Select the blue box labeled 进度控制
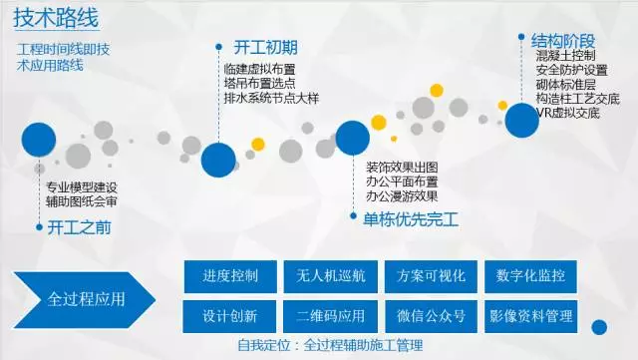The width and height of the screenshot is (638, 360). pyautogui.click(x=230, y=275)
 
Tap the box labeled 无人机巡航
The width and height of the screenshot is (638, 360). pyautogui.click(x=330, y=275)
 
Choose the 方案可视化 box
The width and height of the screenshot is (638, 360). pyautogui.click(x=430, y=275)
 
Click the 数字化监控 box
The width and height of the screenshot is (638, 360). pyautogui.click(x=530, y=275)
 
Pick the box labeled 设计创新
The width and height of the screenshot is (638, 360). pyautogui.click(x=230, y=316)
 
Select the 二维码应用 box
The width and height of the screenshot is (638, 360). pyautogui.click(x=330, y=316)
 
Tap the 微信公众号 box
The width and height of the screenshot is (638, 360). pyautogui.click(x=430, y=316)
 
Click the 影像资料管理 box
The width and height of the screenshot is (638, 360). pyautogui.click(x=530, y=316)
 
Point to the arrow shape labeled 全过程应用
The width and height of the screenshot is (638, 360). pyautogui.click(x=84, y=298)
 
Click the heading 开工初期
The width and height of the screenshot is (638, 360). pyautogui.click(x=265, y=48)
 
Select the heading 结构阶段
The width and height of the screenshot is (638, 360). pyautogui.click(x=563, y=40)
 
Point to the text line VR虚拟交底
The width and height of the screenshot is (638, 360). pyautogui.click(x=567, y=113)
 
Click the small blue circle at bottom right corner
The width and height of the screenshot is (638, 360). pyautogui.click(x=600, y=327)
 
